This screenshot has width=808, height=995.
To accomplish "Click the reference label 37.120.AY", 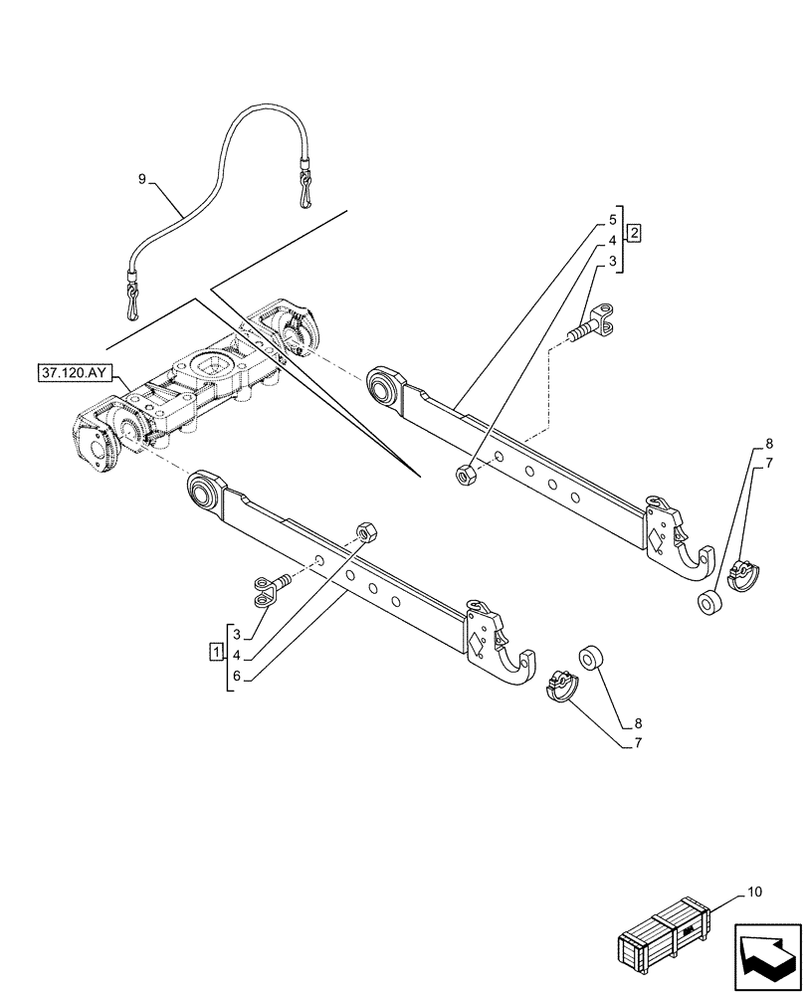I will (x=78, y=374).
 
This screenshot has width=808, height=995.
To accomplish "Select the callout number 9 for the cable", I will (x=142, y=178).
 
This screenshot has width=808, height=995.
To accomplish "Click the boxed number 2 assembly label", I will (x=634, y=233).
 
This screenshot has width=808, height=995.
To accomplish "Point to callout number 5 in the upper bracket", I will (x=613, y=218).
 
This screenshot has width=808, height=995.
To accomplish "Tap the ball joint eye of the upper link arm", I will (x=382, y=385).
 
